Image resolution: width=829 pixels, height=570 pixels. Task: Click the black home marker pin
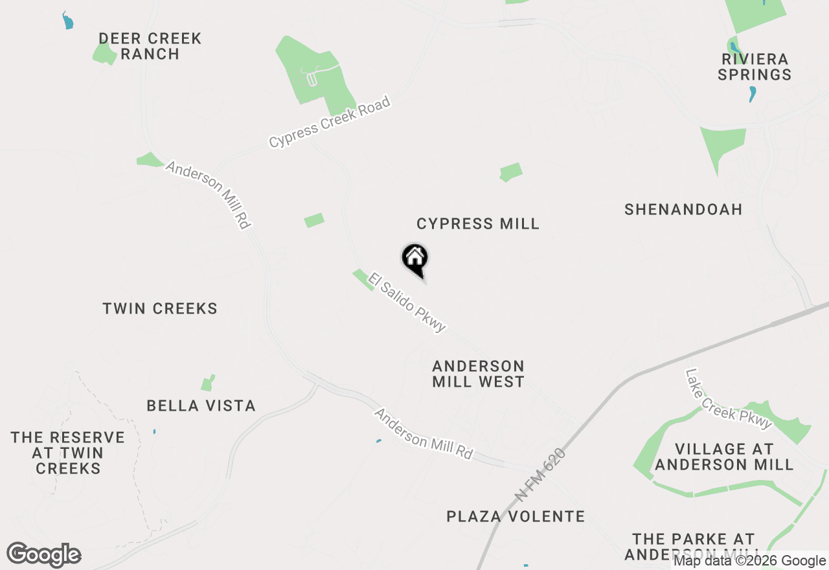[415, 259]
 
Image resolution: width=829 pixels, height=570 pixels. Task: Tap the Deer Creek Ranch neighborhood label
[150, 47]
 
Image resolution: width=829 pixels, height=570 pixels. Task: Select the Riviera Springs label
[755, 67]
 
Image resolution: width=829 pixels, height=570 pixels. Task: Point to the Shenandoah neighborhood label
[683, 209]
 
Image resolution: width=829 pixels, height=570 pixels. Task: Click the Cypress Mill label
[478, 224]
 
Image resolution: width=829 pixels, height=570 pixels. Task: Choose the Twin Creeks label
[160, 308]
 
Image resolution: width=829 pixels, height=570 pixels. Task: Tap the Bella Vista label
[201, 406]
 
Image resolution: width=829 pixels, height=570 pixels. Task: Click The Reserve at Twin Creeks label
[68, 453]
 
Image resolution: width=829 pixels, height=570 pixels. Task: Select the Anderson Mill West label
[478, 374]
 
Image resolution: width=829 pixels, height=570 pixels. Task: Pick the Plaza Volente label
[516, 516]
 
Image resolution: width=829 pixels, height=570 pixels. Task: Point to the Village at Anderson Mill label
[724, 457]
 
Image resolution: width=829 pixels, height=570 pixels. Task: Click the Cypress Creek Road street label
[330, 122]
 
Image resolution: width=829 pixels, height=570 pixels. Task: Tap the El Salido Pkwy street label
[407, 302]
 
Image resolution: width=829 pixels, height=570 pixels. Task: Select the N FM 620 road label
[541, 475]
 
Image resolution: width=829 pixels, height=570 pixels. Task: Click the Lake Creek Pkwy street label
[729, 399]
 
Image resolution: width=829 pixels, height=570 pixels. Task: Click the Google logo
[44, 555]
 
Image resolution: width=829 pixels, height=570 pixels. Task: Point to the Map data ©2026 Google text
[749, 561]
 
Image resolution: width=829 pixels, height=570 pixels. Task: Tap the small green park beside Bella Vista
[207, 383]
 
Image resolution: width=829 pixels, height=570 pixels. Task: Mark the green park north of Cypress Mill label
[511, 172]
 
